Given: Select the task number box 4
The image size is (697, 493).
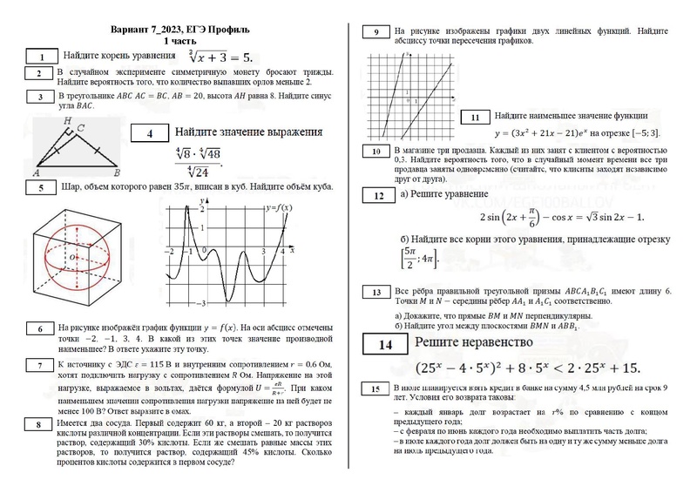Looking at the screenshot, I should coord(150,134).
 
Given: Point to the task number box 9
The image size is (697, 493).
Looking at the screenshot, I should coord(376,32).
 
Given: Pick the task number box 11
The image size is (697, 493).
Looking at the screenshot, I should coord(475,118).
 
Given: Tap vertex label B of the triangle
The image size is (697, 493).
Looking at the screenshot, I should coord(118,172).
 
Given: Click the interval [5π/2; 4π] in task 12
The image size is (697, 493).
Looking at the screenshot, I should coord(418,259).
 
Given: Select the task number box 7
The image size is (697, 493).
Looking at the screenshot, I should coord(39,366).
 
